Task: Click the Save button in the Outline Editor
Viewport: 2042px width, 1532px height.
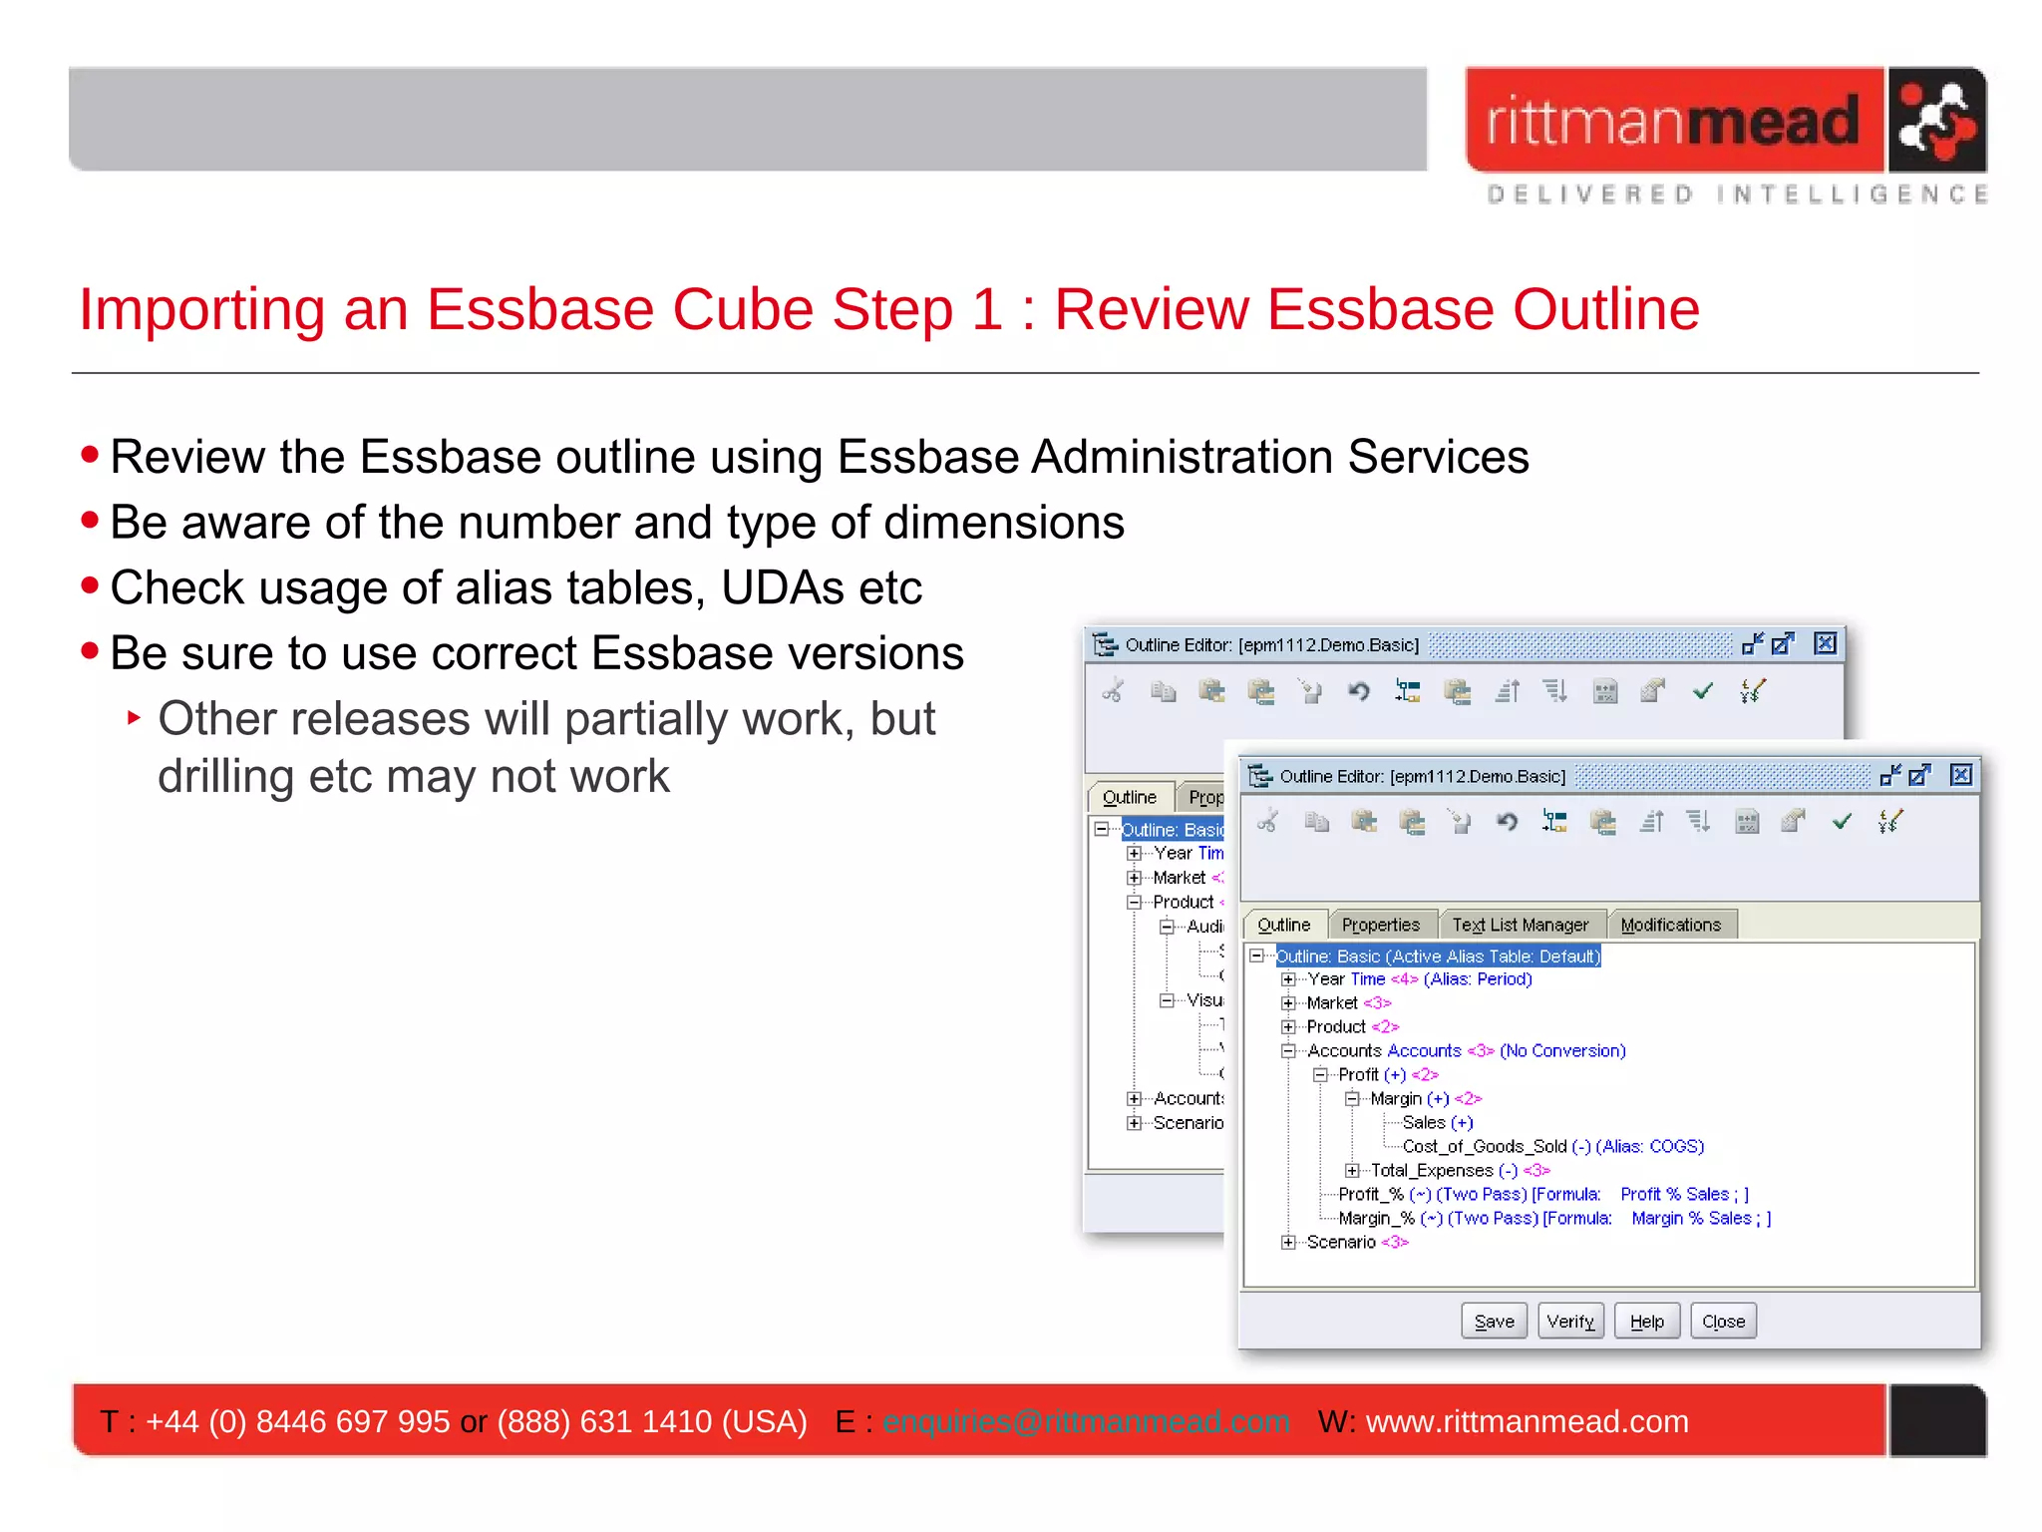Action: coord(1494,1322)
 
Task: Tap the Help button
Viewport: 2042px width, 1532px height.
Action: coord(1646,1322)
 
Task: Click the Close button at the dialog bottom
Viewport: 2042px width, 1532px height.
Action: coord(1723,1322)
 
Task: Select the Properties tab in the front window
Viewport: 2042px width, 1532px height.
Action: coord(1380,925)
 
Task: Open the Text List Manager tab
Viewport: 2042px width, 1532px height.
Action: coord(1520,925)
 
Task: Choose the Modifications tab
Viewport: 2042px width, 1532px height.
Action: coord(1670,925)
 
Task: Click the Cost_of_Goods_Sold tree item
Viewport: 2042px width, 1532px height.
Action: coord(1484,1146)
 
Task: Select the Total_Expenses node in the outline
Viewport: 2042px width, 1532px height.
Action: coord(1431,1170)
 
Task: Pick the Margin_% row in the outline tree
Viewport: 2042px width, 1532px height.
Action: coord(1376,1218)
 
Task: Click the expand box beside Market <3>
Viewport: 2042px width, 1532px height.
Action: coord(1289,1003)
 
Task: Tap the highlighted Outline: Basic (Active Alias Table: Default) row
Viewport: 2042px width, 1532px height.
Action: coord(1438,957)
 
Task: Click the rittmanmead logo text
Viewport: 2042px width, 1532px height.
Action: coord(1673,121)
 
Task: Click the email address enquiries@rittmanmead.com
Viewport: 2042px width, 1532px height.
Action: coord(1086,1421)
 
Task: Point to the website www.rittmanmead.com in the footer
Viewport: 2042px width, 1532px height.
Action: coord(1527,1421)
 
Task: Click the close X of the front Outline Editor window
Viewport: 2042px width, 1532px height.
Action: coord(1960,775)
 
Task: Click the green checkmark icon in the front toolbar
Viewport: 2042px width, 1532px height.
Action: coord(1842,821)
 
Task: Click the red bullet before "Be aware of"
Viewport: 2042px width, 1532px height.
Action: coord(90,520)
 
